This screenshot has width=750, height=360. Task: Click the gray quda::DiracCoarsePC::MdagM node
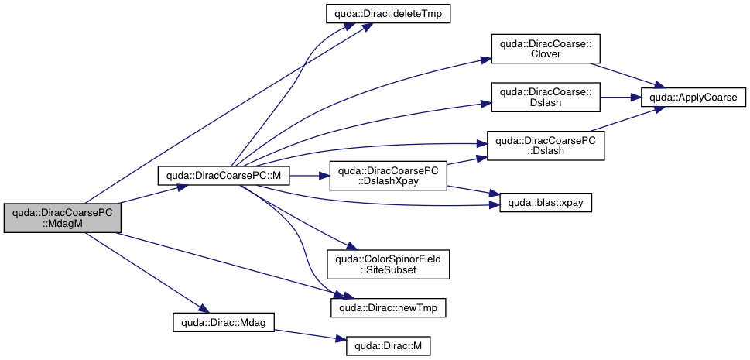(63, 218)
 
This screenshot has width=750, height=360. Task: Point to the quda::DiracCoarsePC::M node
(224, 177)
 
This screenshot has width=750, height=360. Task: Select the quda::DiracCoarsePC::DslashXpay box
(389, 176)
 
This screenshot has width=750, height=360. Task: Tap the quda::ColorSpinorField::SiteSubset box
(389, 263)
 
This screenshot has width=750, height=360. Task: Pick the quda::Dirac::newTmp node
(389, 307)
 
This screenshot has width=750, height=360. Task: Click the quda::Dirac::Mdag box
(223, 321)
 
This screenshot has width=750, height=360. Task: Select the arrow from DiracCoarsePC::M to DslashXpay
(309, 177)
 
